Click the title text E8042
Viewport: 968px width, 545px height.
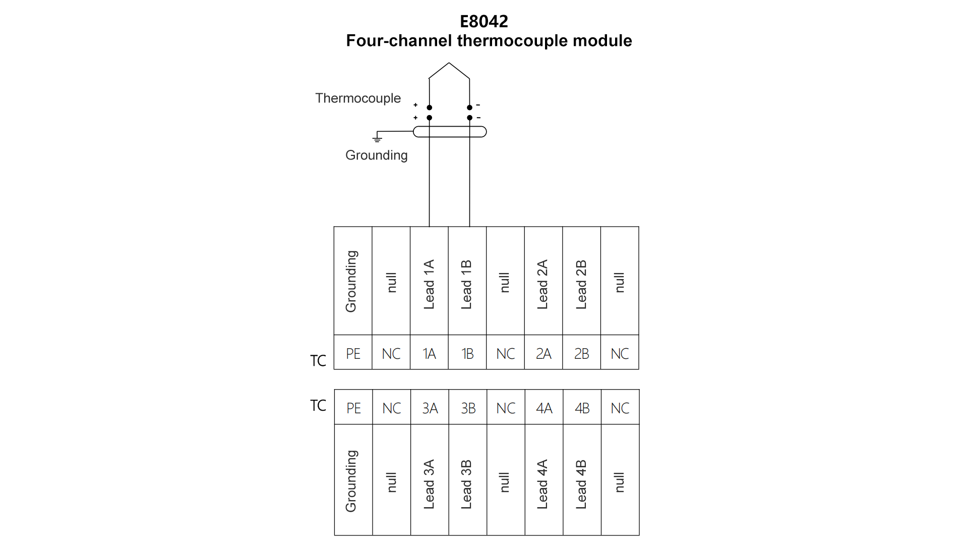[483, 21]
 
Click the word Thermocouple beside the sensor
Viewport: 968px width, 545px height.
[358, 98]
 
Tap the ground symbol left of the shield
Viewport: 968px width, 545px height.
[377, 138]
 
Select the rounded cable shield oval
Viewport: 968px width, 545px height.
[450, 132]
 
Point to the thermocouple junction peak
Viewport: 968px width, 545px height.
[449, 64]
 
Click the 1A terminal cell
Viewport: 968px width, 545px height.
[429, 353]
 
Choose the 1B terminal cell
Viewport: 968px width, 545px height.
[467, 353]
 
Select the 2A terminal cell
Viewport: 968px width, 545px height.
[543, 353]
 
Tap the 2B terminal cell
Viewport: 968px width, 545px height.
[581, 353]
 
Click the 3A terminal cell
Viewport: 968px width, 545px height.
[430, 408]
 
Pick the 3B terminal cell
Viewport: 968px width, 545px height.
[468, 408]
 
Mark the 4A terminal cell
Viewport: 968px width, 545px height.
[544, 408]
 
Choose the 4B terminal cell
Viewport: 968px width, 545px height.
[582, 408]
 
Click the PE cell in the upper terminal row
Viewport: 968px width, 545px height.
[353, 353]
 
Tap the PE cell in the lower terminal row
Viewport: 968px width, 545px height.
[353, 408]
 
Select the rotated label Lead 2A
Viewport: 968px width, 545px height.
[542, 284]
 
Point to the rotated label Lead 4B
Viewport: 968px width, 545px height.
[581, 484]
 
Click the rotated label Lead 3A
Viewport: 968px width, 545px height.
[429, 484]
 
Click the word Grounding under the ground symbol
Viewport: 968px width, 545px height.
[376, 155]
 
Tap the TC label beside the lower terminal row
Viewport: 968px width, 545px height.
[318, 405]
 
